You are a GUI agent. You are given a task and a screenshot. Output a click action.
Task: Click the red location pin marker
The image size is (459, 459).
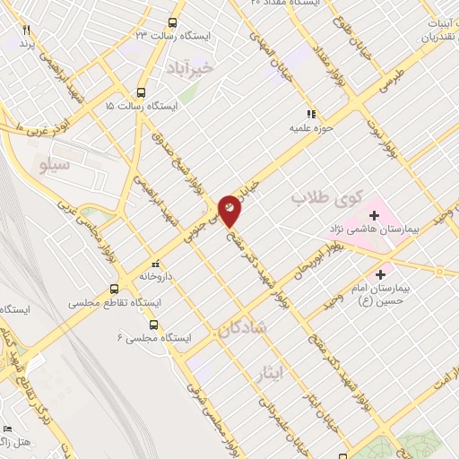pyautogui.click(x=230, y=210)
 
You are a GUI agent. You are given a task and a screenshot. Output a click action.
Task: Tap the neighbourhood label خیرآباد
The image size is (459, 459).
pyautogui.click(x=190, y=67)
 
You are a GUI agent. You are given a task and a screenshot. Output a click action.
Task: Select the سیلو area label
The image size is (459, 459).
pyautogui.click(x=56, y=165)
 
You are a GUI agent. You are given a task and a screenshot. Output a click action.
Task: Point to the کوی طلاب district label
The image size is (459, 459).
pyautogui.click(x=327, y=196)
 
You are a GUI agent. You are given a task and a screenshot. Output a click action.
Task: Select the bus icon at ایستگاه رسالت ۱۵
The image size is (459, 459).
pyautogui.click(x=141, y=93)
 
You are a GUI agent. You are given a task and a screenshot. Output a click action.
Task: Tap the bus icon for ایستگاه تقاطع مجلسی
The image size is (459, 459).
pyautogui.click(x=114, y=290)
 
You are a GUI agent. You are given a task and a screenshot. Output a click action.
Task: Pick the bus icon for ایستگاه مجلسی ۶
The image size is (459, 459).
pyautogui.click(x=155, y=326)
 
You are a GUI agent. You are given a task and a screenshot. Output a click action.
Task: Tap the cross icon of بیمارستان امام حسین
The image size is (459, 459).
pyautogui.click(x=382, y=274)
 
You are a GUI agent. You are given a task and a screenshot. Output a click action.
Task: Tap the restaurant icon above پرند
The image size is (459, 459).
pyautogui.click(x=26, y=30)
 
